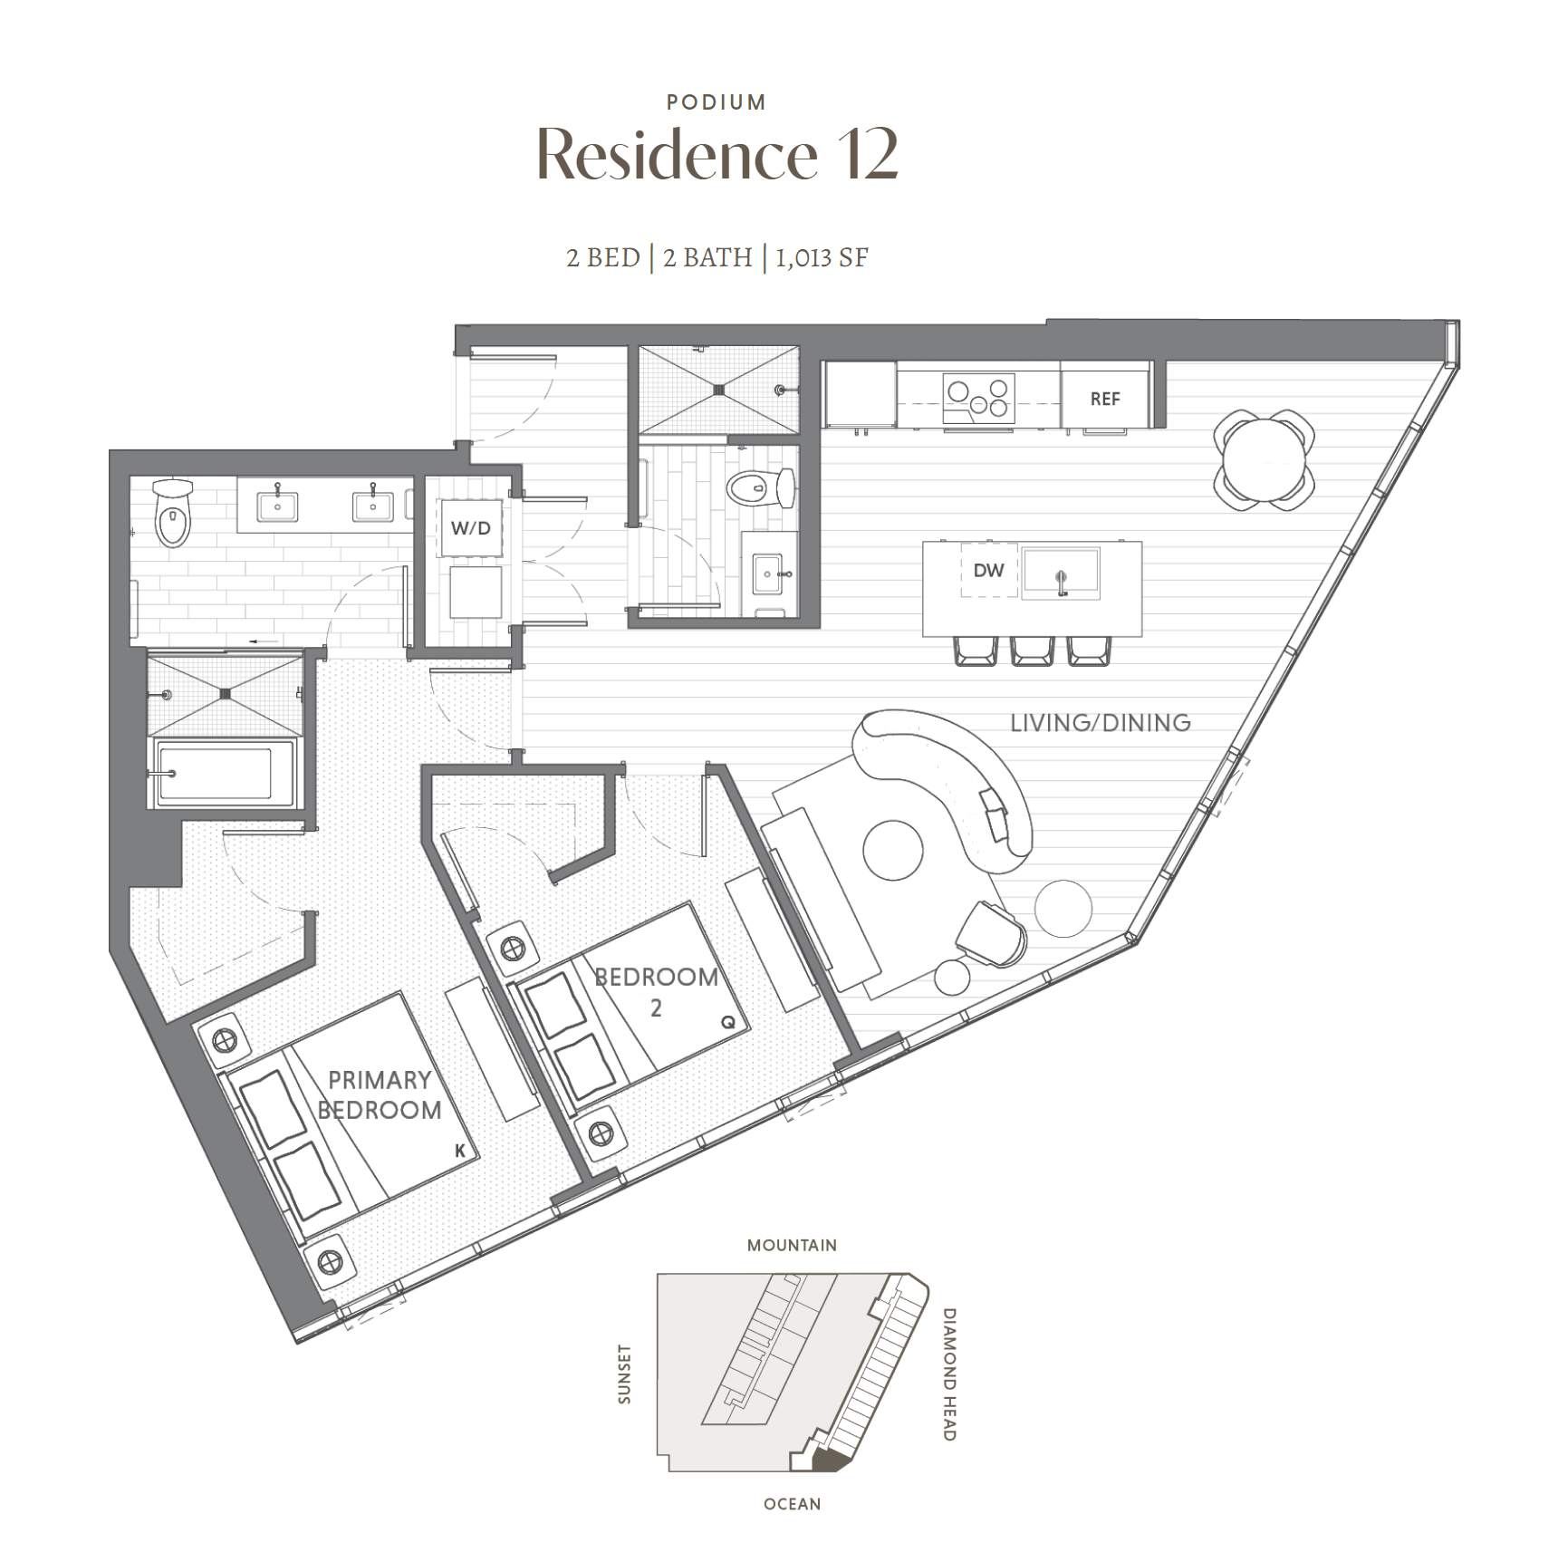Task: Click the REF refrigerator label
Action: pyautogui.click(x=1104, y=399)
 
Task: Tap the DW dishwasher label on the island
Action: pyautogui.click(x=988, y=570)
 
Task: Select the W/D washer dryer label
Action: pyautogui.click(x=471, y=528)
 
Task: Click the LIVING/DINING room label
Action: pyautogui.click(x=1101, y=723)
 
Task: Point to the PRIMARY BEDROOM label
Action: pyautogui.click(x=380, y=1094)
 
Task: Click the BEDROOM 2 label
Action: pyautogui.click(x=657, y=991)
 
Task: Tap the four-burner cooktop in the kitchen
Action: pyautogui.click(x=978, y=399)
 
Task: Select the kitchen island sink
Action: pyautogui.click(x=1061, y=573)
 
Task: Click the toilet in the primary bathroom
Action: pyautogui.click(x=173, y=513)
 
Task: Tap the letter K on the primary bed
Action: pyautogui.click(x=460, y=1151)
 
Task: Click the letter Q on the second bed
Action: pyautogui.click(x=728, y=1022)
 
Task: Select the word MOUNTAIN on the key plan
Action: pyautogui.click(x=792, y=1246)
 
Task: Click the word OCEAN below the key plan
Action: pyautogui.click(x=793, y=1504)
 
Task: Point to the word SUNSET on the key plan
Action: pyautogui.click(x=624, y=1374)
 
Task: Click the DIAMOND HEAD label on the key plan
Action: pyautogui.click(x=949, y=1374)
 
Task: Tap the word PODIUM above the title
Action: pyautogui.click(x=716, y=102)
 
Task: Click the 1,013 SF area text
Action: pyautogui.click(x=822, y=258)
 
